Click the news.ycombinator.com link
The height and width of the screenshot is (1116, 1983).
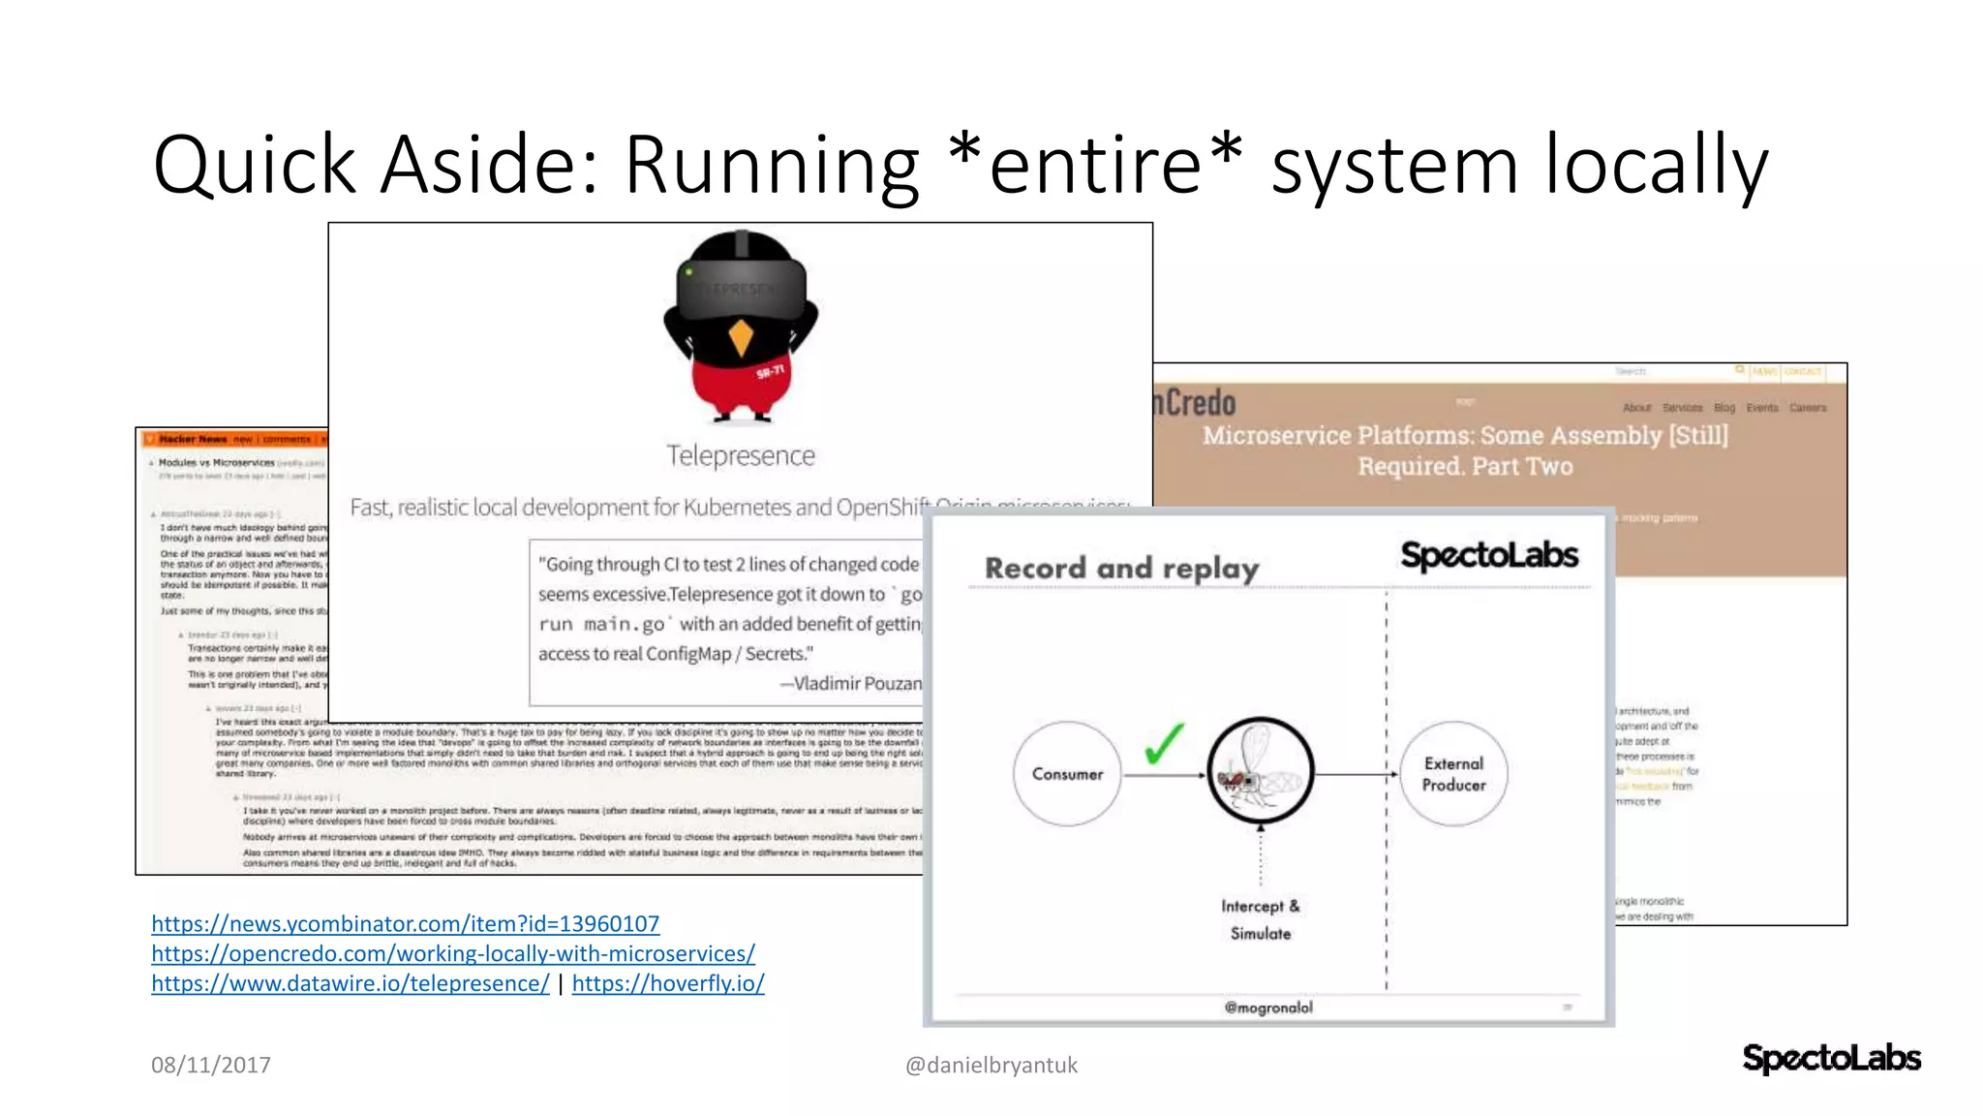(x=405, y=924)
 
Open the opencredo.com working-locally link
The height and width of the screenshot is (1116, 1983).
(x=452, y=954)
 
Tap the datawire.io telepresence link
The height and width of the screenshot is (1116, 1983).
(x=350, y=984)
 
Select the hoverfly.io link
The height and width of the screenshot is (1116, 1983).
(x=667, y=984)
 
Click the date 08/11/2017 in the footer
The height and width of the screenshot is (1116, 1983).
(x=210, y=1066)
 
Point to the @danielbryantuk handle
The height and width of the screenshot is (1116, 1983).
(x=991, y=1066)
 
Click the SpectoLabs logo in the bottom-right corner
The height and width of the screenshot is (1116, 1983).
(x=1831, y=1058)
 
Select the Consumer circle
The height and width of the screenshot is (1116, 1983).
(x=1067, y=774)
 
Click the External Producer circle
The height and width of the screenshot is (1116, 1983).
(x=1453, y=774)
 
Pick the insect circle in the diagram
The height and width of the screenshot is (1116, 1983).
(x=1260, y=771)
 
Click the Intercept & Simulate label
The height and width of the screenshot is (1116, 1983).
(x=1260, y=919)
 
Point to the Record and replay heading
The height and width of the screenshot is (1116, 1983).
(x=1121, y=568)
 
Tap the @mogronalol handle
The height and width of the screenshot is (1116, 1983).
(x=1268, y=1007)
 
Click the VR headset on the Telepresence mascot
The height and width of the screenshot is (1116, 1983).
(x=741, y=289)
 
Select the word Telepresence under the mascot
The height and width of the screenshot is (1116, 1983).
(x=741, y=455)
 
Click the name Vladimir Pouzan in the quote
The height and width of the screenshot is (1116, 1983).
(x=856, y=684)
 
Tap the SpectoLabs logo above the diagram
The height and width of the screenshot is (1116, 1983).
(x=1489, y=556)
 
